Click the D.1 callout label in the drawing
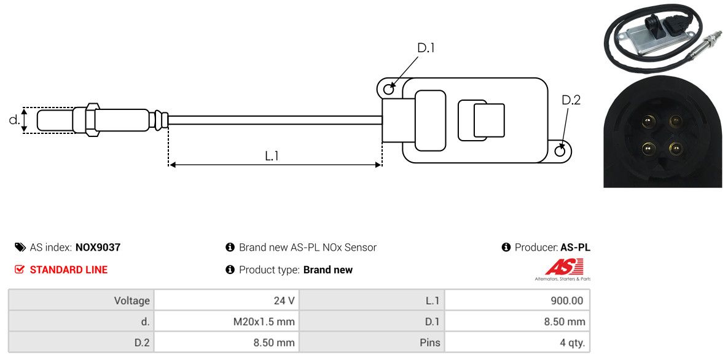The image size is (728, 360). click(x=426, y=48)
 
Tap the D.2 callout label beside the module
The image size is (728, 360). click(x=571, y=100)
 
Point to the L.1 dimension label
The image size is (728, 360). click(x=272, y=156)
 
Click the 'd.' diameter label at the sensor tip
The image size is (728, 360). click(x=14, y=120)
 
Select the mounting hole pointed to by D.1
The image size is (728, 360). click(x=389, y=90)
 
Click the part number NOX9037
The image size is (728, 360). click(x=98, y=248)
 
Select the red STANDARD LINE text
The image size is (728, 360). click(x=68, y=270)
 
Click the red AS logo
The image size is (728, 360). click(x=564, y=267)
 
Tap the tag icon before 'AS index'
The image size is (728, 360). click(x=20, y=248)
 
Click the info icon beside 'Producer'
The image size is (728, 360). click(x=506, y=248)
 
